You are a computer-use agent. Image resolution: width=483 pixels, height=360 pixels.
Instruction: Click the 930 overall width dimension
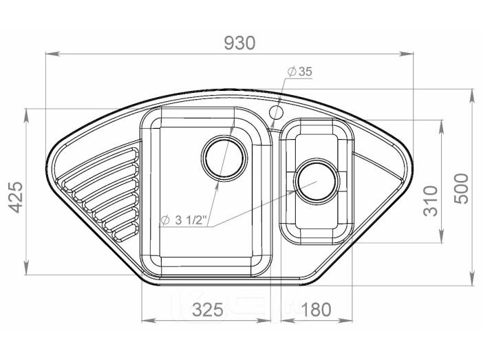point(239,43)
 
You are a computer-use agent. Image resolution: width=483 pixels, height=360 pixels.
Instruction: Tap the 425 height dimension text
point(16,198)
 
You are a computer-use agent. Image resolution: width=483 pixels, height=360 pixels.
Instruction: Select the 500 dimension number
point(461,189)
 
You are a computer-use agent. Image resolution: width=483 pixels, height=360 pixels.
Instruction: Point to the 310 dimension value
point(431,201)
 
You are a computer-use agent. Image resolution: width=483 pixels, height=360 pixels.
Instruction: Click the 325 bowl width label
point(208,310)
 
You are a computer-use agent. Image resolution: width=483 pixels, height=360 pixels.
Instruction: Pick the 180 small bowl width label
point(316,310)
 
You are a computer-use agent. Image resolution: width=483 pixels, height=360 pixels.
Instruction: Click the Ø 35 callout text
point(300,72)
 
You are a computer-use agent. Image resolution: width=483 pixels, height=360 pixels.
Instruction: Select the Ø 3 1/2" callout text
point(183,220)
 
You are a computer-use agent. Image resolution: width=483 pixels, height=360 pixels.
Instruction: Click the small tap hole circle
point(276,112)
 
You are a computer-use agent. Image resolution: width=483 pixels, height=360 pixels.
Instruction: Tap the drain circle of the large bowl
point(224,158)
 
